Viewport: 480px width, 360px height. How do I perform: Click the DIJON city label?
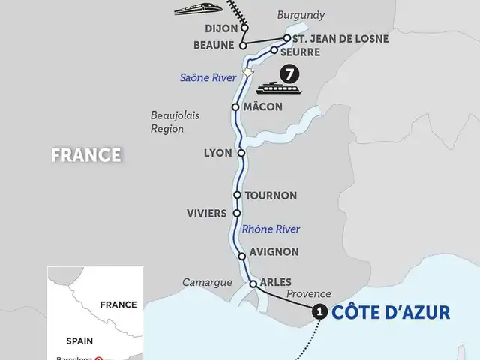221,28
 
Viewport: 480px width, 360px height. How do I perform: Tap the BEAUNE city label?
215,45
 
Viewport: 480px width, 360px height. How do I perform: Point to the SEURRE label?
300,52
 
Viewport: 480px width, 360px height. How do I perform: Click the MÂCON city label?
263,107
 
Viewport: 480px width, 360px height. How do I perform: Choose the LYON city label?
218,153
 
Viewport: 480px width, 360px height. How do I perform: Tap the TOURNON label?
271,196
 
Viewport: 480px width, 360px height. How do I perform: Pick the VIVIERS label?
206,214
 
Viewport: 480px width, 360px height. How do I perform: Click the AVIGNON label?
275,252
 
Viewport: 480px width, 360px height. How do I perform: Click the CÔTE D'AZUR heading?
391,312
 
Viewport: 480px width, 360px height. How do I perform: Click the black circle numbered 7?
287,74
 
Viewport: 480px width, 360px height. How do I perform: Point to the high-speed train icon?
194,10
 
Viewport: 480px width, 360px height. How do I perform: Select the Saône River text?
205,77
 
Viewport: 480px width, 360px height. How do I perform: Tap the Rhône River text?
270,229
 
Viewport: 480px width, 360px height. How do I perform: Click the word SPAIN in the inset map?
79,339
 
